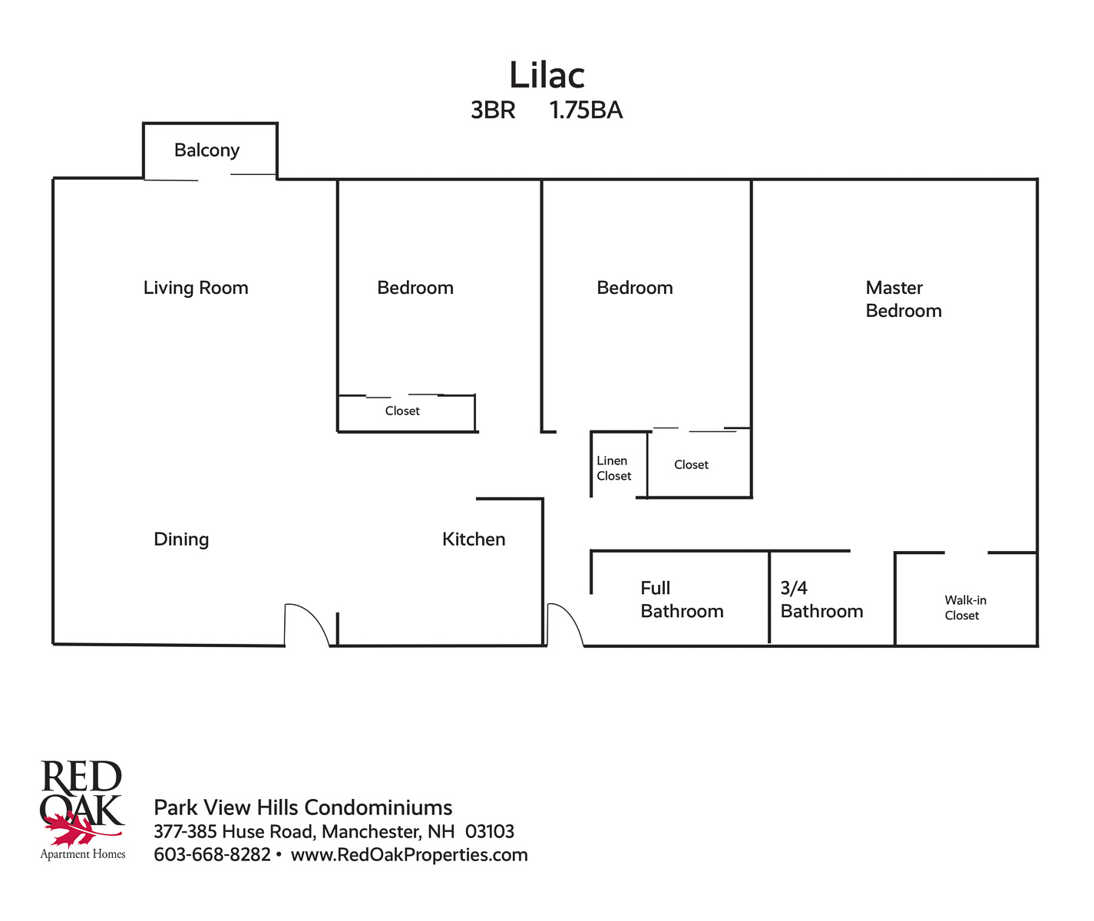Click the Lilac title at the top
coord(547,75)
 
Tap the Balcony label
coord(207,150)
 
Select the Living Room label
coord(196,288)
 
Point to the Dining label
coord(181,540)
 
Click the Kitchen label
coord(474,539)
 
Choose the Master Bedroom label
coord(904,299)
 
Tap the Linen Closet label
coord(614,468)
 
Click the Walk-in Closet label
coord(965,608)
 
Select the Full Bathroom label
coord(682,599)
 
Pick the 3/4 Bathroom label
coord(821,599)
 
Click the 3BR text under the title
coord(493,110)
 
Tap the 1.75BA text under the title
coord(586,110)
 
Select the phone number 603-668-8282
coord(212,855)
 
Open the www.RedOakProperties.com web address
coord(409,855)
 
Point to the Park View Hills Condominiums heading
coord(302,807)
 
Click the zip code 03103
coord(490,831)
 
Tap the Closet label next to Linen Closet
coord(691,464)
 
